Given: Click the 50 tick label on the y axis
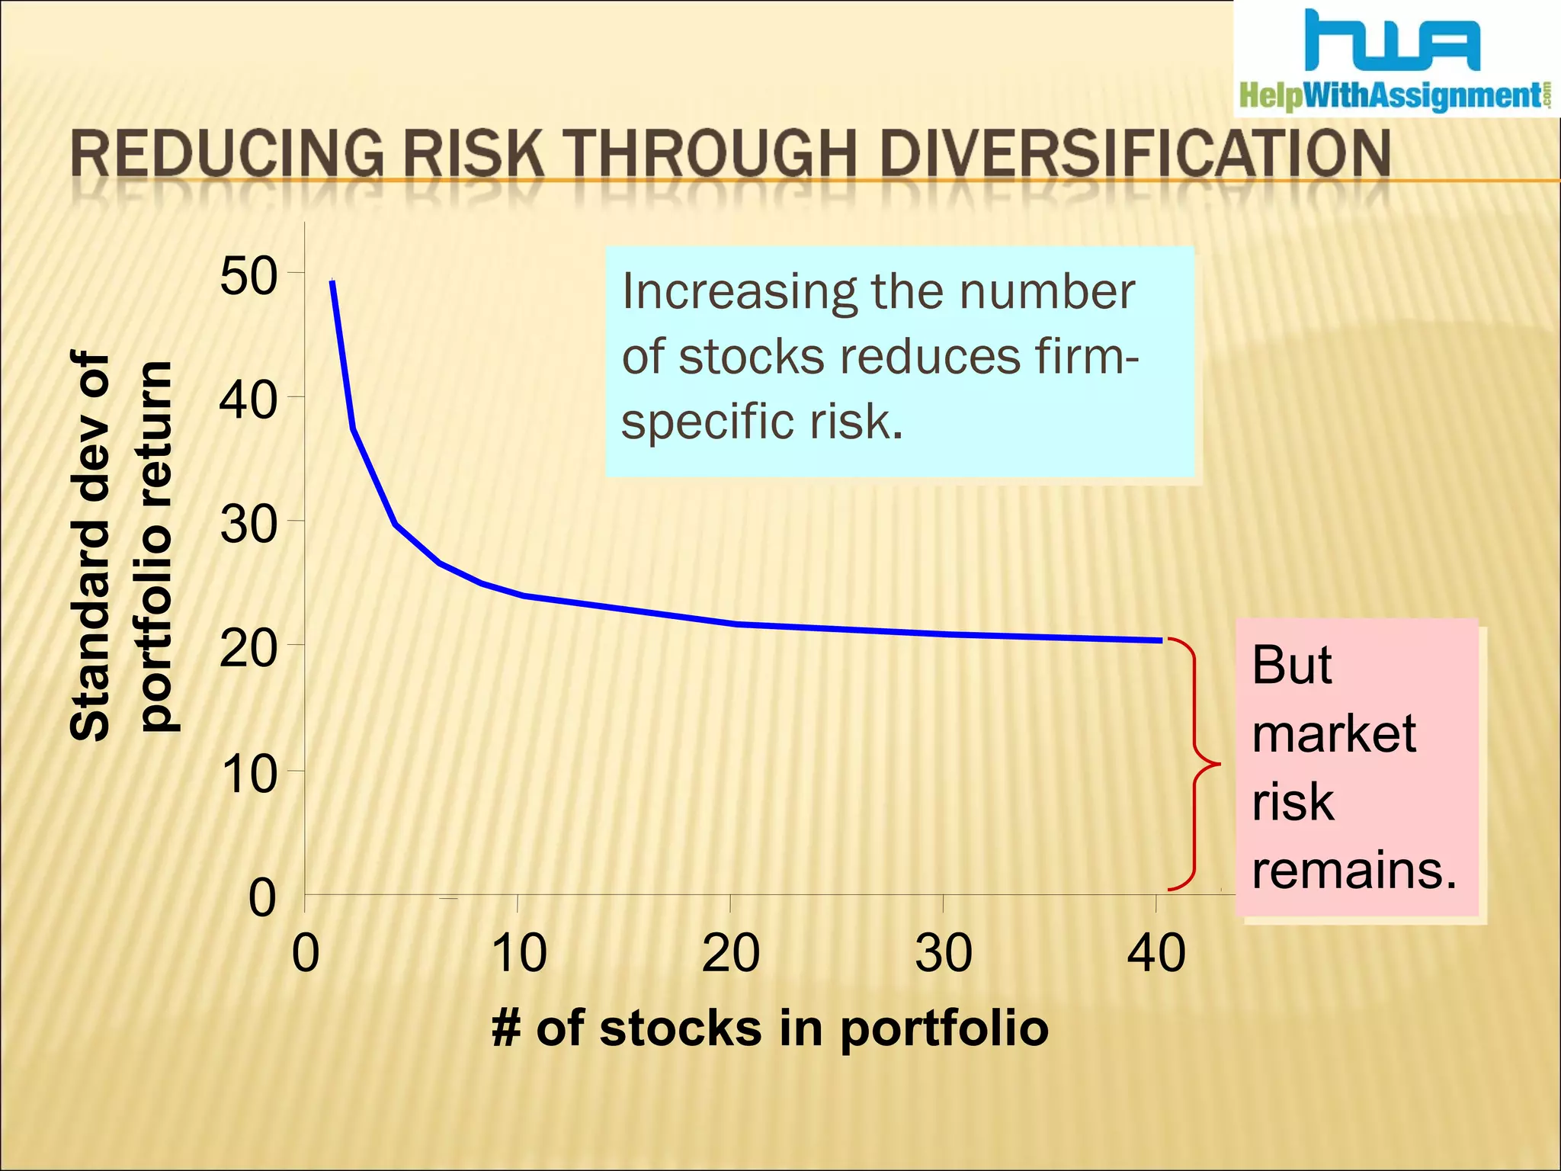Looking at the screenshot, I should (248, 276).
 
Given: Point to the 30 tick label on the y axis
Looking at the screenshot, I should (248, 525).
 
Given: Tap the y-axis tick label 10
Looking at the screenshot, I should (248, 775).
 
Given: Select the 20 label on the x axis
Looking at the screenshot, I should (730, 953).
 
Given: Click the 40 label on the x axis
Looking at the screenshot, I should (1156, 953).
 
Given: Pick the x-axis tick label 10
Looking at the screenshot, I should (518, 953).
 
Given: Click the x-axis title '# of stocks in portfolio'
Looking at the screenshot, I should (770, 1028).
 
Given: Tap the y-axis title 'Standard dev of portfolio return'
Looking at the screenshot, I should (122, 545).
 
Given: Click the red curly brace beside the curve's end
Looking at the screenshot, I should (1193, 764).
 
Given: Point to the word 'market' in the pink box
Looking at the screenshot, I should (1333, 733).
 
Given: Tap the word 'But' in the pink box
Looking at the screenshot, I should (1292, 665).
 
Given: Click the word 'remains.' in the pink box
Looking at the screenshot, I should (1354, 870).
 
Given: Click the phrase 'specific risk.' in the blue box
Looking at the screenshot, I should (761, 422).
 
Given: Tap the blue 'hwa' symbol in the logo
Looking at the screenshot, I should (1392, 40).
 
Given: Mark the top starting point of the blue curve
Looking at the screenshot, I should (332, 282).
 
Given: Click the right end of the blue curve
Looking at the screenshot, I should (1161, 640).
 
